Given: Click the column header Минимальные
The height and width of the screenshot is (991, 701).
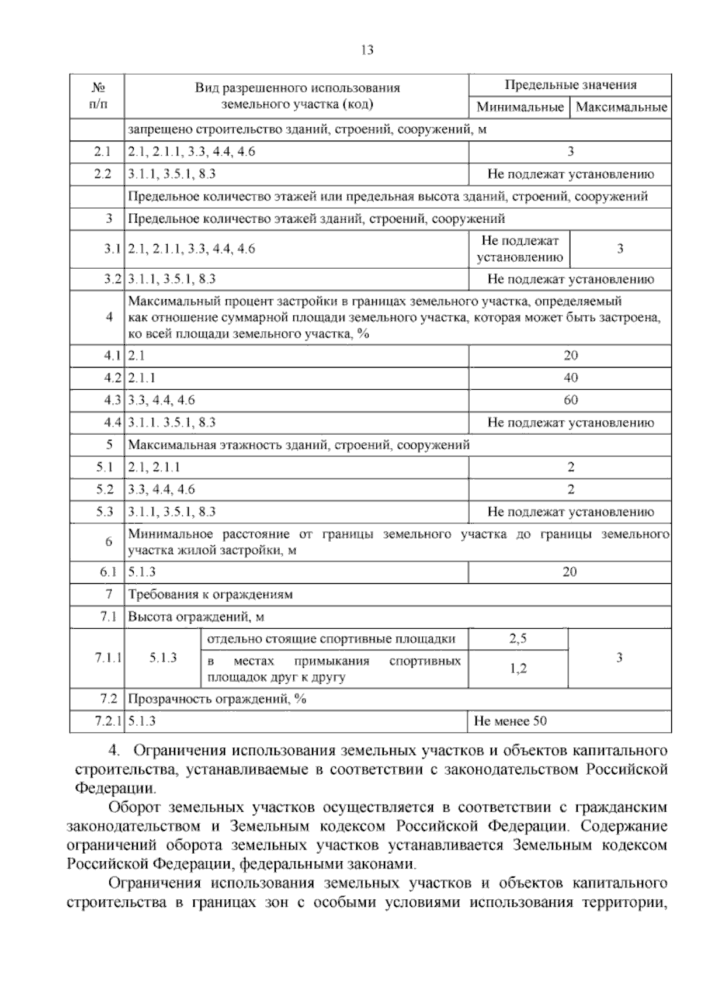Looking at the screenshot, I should point(519,108).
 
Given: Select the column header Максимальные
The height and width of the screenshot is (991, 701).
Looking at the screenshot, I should point(620,108).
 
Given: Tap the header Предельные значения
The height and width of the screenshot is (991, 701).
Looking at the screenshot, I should point(570,85).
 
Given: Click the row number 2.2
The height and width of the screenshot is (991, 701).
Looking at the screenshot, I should point(102,174).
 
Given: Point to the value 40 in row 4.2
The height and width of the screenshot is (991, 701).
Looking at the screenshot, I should point(571,378).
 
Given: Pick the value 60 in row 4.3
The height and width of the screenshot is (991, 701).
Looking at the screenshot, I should point(571,400).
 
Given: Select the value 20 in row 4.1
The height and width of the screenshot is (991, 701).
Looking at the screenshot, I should point(571,356).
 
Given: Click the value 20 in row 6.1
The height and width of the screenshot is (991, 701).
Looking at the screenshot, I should point(570,572).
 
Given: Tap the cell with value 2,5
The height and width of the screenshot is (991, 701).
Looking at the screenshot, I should point(518,639).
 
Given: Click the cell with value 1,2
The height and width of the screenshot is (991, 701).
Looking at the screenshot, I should point(518,669).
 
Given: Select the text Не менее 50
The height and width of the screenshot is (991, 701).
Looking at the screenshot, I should point(511,721).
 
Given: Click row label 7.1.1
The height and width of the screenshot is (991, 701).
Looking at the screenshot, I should point(107,658).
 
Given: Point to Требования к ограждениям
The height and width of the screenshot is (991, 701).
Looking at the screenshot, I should point(210,595).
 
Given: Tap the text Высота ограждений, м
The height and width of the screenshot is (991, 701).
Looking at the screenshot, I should point(196,617).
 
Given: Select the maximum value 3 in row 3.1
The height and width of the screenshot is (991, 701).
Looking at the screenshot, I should point(620,249).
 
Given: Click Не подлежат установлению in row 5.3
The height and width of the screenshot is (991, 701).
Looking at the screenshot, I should point(571,512).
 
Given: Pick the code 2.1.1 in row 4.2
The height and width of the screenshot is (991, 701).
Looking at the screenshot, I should point(142,378).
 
